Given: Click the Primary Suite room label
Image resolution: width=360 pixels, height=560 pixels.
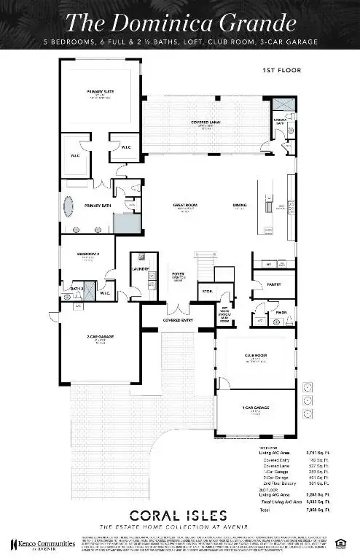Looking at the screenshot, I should [97, 93].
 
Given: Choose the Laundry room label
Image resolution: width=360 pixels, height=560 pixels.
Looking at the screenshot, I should [141, 269].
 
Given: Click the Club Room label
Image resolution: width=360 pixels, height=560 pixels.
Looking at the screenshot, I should [254, 358].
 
